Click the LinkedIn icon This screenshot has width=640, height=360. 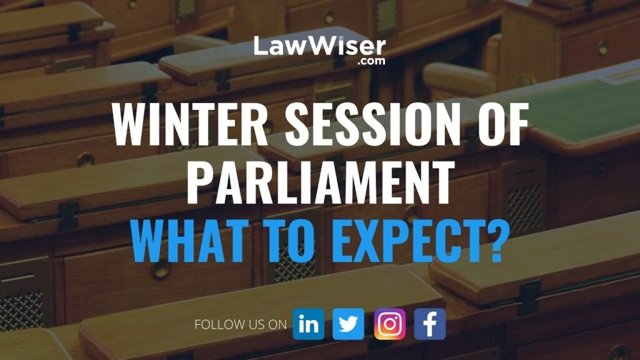tap(309, 324)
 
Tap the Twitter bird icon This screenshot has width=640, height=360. tap(348, 324)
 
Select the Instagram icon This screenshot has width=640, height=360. tap(390, 324)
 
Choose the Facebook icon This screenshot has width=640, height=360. tap(430, 324)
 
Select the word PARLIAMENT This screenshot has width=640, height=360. tap(321, 182)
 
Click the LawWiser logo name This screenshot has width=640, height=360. tap(319, 46)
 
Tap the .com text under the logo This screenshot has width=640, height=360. tap(371, 61)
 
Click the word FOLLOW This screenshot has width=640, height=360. tap(215, 324)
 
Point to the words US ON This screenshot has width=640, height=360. tap(263, 324)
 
